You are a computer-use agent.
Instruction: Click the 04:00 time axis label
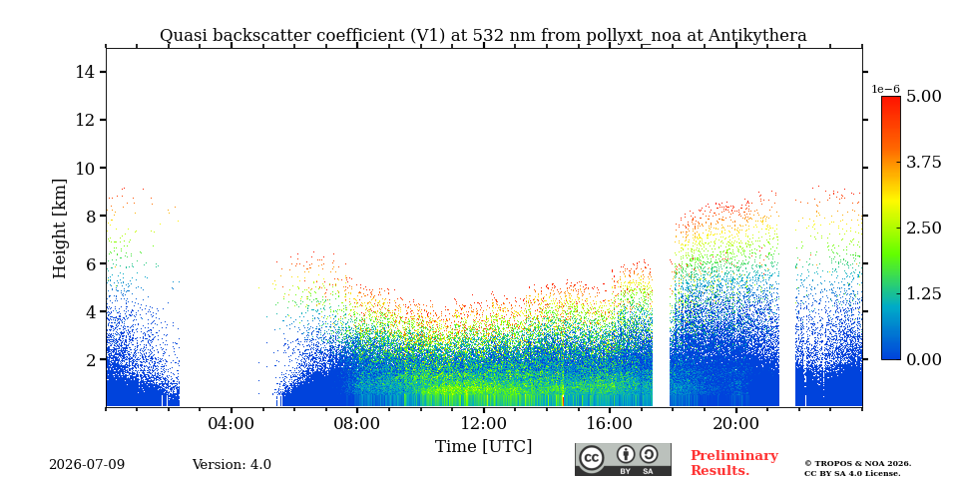click(232, 423)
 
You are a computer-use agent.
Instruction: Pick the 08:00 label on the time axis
click(357, 423)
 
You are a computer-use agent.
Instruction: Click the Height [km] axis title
click(59, 229)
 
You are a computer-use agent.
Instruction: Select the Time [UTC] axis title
click(483, 447)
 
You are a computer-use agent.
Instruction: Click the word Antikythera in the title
click(757, 36)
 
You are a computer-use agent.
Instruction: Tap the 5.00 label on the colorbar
click(923, 96)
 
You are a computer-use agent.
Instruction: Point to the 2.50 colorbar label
click(923, 228)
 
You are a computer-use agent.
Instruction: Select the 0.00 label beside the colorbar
click(923, 359)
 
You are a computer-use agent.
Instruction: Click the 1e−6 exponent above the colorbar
click(885, 89)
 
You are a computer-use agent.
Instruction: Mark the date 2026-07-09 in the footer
click(87, 465)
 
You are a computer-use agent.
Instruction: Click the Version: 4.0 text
click(232, 465)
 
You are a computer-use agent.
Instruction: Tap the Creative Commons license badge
click(623, 459)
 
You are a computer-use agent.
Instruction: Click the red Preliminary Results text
click(734, 463)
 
